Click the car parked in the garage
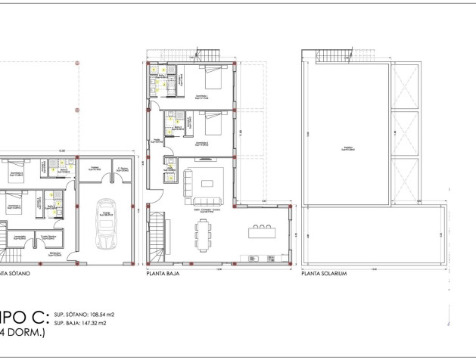click(106, 223)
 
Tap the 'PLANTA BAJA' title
click(160, 274)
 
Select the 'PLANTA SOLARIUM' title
click(324, 274)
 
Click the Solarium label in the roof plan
click(347, 148)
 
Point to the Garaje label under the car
click(106, 256)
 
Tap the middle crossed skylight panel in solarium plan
click(405, 133)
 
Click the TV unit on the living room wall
click(204, 160)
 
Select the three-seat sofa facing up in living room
click(207, 200)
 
